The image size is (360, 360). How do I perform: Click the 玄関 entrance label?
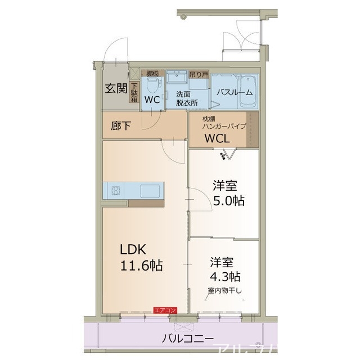coord(115,88)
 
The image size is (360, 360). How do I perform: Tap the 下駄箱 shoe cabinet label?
coord(134,93)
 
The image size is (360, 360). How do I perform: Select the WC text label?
coord(152,100)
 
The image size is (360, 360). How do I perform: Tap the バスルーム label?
coord(235,93)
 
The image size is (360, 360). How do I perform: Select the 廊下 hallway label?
coord(120,126)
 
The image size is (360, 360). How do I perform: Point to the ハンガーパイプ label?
coord(224,127)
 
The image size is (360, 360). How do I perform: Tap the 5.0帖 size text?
coord(228,200)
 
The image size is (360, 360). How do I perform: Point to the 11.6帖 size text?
coord(140,265)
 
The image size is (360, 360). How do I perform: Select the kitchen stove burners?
coord(115,190)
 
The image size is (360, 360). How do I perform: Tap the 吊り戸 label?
coord(198,73)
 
